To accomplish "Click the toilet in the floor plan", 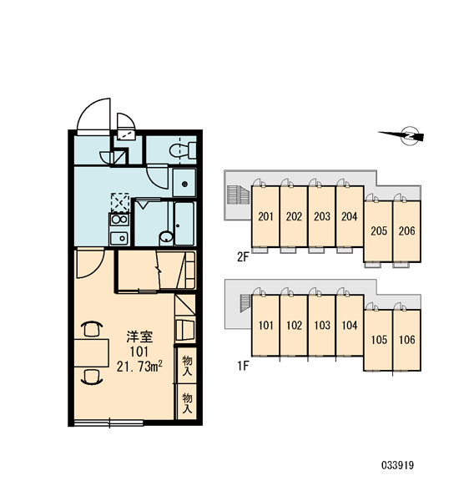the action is tap(183, 149).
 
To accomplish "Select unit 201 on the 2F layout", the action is tap(265, 216).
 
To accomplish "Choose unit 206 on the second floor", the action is tap(406, 230).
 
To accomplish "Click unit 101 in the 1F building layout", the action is tap(265, 326).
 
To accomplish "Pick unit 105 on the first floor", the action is tap(379, 340).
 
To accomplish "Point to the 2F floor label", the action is tap(243, 256).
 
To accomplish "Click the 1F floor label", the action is tap(243, 366).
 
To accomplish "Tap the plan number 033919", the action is tap(397, 465).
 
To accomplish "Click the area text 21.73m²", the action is tap(139, 367).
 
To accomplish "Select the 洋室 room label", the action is tap(139, 337).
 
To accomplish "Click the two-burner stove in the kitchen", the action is tap(119, 220).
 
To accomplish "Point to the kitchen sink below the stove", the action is tap(119, 238).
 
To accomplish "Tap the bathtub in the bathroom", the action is tap(184, 223).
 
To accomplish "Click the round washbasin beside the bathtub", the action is tap(166, 237).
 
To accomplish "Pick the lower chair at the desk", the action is tap(92, 377).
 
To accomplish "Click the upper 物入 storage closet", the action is tap(187, 365).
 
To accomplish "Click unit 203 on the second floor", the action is tap(321, 216).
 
